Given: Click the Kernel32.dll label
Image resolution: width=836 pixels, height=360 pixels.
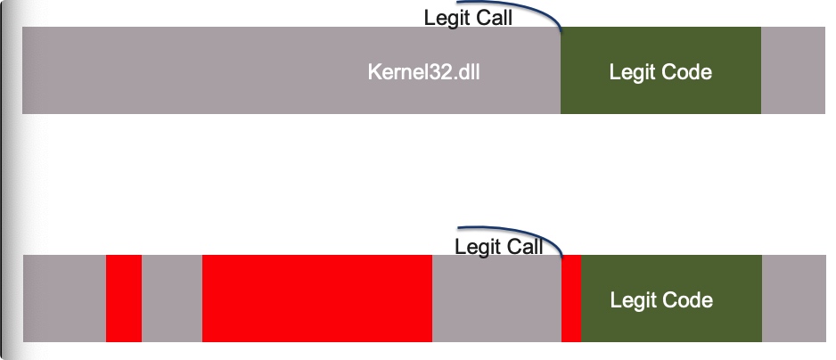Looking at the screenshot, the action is tap(424, 72).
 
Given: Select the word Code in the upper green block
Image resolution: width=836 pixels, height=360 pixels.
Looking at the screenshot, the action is tap(686, 72).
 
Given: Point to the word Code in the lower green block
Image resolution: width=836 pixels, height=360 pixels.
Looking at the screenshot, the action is tap(687, 299).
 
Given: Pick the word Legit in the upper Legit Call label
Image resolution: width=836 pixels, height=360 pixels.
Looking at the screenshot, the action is tap(445, 18).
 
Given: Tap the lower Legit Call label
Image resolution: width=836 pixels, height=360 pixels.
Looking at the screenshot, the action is tap(499, 247).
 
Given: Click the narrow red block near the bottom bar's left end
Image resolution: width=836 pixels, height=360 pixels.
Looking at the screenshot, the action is tap(124, 299).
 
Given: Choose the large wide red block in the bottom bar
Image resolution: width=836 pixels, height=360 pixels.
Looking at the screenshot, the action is tap(316, 299).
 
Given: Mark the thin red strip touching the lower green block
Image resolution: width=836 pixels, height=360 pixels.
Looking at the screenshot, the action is tap(571, 299).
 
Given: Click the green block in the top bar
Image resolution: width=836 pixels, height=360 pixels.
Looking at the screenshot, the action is tap(660, 70).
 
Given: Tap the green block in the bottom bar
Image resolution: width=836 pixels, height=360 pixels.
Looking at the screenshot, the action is tap(671, 299).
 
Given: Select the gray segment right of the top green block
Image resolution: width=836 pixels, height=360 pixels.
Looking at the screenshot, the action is tap(793, 70).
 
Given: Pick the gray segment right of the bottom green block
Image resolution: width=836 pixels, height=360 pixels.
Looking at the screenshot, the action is tap(793, 299).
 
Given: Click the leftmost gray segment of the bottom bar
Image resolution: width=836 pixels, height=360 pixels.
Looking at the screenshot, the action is tap(64, 299).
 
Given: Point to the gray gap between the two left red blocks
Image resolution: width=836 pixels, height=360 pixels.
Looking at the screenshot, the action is tap(172, 299).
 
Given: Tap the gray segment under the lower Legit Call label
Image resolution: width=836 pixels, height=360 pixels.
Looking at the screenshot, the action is tap(496, 299).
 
